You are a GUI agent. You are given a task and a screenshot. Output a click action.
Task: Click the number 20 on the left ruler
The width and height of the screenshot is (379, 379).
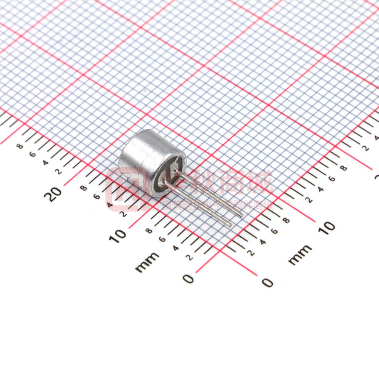tap(54, 194)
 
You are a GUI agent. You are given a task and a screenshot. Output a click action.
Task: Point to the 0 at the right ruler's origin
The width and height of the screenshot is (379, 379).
tap(267, 282)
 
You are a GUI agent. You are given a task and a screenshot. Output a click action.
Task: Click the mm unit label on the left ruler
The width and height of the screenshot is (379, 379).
tap(147, 262)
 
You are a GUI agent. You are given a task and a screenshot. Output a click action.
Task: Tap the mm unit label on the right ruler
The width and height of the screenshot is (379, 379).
tap(300, 254)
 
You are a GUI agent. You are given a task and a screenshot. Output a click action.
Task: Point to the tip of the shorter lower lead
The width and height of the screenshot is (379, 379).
tap(230, 225)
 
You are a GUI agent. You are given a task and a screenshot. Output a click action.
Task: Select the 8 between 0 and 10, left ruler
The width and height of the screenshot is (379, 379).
tap(149, 231)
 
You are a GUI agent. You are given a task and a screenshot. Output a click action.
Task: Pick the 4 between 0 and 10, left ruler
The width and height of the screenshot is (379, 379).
tap(176, 248)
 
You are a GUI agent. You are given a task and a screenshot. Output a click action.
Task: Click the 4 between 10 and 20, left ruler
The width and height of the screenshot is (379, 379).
tap(110, 205)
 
